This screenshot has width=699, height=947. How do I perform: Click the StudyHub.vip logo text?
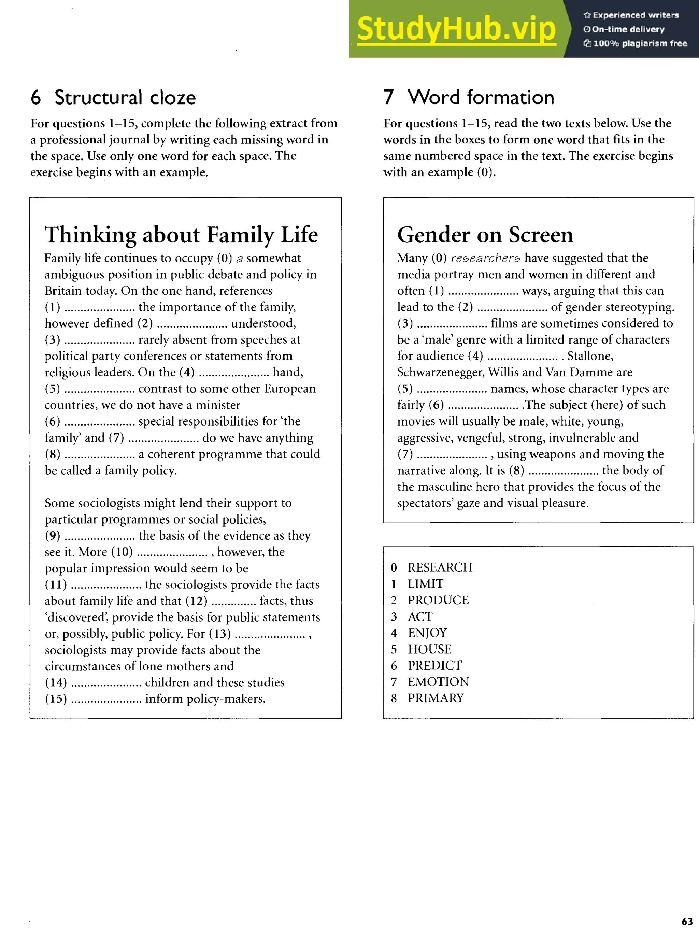(456, 29)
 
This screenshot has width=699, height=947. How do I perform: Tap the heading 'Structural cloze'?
(125, 97)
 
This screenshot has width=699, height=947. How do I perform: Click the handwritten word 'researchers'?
(485, 258)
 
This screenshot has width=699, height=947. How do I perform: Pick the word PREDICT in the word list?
(434, 666)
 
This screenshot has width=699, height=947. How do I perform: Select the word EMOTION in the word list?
(438, 682)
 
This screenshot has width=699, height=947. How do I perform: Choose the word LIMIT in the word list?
(425, 584)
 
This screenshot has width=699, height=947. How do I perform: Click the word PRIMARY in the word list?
(436, 698)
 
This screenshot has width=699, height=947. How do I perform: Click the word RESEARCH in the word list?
(440, 567)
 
